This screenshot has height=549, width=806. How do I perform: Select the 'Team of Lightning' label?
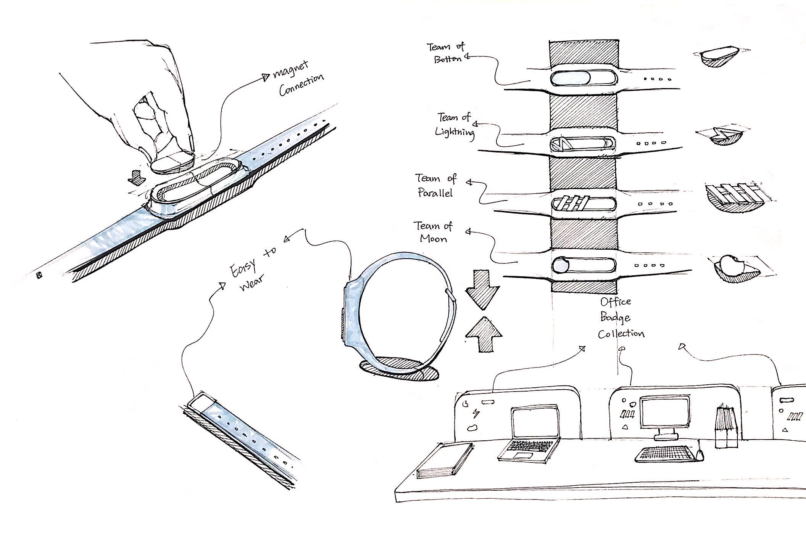455,124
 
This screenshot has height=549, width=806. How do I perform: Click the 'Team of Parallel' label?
435,185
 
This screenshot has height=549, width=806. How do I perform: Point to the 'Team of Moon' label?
434,232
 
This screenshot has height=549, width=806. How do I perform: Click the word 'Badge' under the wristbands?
615,318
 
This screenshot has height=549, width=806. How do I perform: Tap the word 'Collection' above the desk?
621,334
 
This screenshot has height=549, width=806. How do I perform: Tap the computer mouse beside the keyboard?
699,455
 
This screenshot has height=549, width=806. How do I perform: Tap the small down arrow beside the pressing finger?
135,177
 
